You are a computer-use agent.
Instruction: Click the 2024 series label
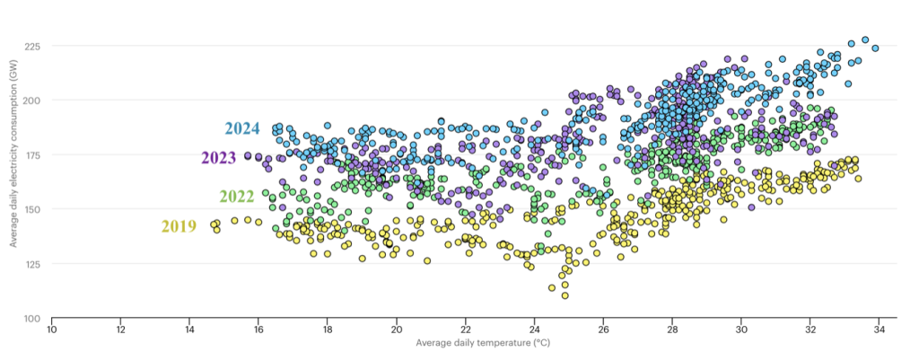point(241,128)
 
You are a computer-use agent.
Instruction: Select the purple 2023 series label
point(218,159)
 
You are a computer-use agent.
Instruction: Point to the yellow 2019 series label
point(179,227)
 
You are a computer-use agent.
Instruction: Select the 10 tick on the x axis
point(52,330)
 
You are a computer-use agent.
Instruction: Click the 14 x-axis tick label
point(189,330)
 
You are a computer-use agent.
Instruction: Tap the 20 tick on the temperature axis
point(397,330)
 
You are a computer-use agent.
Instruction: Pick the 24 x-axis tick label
point(535,330)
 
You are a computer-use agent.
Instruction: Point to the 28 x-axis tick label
point(672,330)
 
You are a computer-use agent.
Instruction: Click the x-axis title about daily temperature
point(466,344)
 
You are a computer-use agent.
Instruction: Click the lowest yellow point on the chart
point(565,295)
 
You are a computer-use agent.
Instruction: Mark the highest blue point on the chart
point(865,40)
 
